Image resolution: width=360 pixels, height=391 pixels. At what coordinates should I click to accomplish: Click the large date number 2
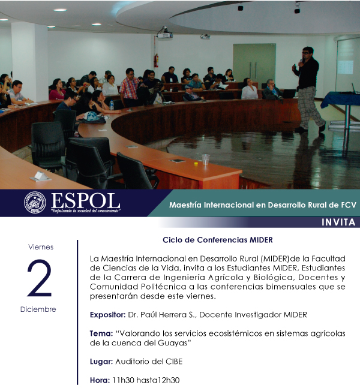40,278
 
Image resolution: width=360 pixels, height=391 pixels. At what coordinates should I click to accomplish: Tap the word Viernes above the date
41,247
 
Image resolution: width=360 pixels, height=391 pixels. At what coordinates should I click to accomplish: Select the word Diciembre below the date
38,309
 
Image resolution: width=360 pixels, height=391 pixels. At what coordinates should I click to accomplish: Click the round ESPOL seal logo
35,202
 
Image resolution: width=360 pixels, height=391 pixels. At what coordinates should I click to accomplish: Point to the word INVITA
338,222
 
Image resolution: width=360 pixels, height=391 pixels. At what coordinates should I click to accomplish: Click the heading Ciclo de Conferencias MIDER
218,240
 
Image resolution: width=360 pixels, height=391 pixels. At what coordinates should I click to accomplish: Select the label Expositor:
107,315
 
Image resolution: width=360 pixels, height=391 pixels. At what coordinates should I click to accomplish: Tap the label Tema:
101,333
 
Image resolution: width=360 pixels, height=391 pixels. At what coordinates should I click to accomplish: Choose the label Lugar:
101,362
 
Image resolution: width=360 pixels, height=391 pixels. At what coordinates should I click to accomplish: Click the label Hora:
100,380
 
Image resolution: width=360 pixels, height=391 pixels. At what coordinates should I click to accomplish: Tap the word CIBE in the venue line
174,362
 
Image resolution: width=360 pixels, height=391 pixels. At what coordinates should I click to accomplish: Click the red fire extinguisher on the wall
156,60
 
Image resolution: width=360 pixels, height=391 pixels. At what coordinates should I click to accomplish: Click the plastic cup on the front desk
206,160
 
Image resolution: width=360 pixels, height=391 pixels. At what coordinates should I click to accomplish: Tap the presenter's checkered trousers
310,107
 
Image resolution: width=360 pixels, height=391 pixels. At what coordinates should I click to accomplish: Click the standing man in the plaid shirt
129,88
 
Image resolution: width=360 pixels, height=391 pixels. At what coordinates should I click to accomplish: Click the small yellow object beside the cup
196,164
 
